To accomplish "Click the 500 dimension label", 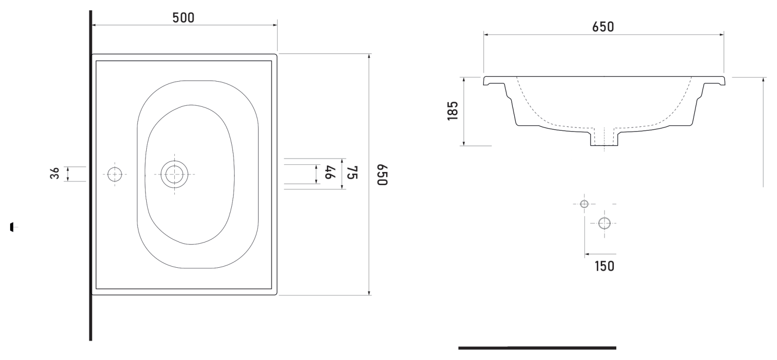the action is pos(184,17).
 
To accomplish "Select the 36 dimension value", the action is pos(55,173).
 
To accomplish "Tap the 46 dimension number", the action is pos(330,172).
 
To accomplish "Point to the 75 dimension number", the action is pos(352,172).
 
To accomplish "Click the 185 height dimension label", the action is pos(453,111).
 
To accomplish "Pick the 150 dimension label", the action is pos(604,266).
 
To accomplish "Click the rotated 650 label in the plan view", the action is pos(382,175).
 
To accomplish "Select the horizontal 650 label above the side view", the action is pos(603,27).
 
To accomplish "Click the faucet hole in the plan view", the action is pos(115,174).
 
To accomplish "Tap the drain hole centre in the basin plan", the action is pos(174,174).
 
